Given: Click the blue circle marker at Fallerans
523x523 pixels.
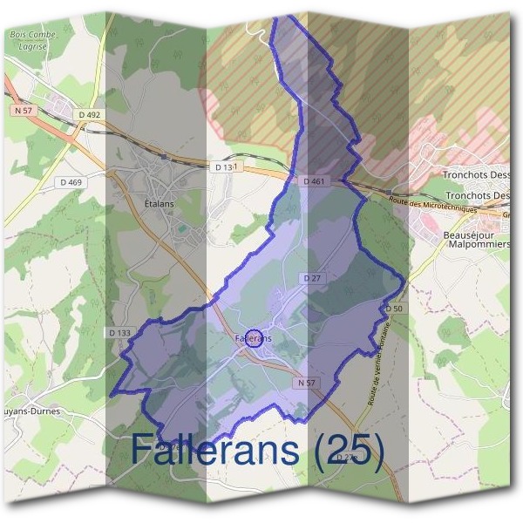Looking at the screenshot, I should pos(253,338).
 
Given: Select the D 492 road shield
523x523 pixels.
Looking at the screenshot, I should pos(90,113).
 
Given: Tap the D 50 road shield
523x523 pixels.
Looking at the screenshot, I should pos(394,309).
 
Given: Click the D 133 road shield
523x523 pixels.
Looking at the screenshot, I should pos(119,333).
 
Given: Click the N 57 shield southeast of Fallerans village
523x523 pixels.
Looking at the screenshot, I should pos(305,383).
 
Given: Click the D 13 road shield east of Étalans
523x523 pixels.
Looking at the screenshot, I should pos(226,166).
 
